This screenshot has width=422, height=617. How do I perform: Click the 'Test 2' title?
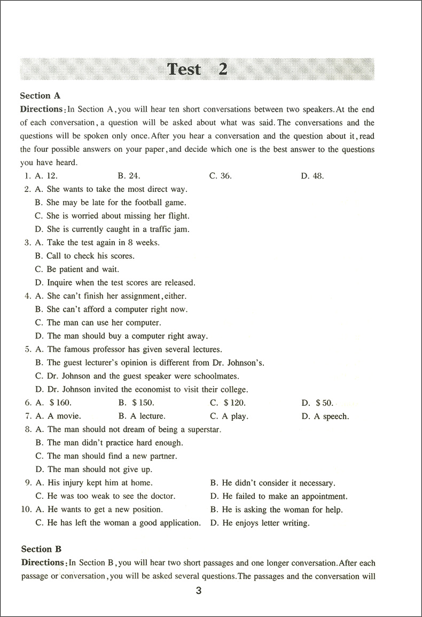[x=197, y=69]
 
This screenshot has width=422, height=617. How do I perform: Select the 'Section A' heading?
[x=40, y=96]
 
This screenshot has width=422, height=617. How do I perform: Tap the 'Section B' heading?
[x=41, y=549]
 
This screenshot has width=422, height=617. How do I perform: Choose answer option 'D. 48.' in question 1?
[x=312, y=176]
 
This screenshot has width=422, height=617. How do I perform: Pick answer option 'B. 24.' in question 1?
[x=129, y=176]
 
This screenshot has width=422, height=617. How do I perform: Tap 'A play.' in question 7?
[x=229, y=417]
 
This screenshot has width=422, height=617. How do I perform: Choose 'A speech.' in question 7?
[x=325, y=417]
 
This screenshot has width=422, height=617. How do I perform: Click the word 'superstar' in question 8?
[x=202, y=430]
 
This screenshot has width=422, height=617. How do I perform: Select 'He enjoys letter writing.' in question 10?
[x=260, y=523]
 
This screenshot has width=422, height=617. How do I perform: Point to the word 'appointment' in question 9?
[x=322, y=497]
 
